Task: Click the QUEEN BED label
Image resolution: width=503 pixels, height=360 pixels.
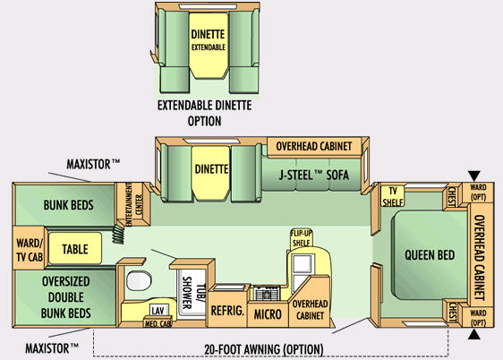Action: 430,255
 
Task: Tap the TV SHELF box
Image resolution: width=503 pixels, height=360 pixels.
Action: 393,196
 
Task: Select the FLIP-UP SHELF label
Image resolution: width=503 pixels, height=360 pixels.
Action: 301,237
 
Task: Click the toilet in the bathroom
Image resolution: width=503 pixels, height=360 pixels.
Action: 139,280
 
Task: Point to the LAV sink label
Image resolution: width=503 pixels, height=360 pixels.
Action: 158,310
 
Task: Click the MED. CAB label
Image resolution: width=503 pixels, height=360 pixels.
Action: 158,323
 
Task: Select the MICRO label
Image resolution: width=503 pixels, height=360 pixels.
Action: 268,314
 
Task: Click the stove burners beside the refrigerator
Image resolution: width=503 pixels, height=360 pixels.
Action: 267,293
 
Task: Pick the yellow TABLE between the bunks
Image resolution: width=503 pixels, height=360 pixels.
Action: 75,249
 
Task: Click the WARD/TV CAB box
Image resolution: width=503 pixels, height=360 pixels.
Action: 29,248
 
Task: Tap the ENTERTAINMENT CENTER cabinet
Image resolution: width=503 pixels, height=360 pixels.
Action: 132,204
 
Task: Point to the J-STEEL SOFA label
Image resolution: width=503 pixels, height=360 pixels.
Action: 313,175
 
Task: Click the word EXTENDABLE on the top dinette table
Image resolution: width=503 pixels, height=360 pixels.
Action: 209,47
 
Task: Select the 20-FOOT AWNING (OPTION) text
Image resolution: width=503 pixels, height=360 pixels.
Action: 264,349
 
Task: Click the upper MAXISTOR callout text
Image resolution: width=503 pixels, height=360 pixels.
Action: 93,164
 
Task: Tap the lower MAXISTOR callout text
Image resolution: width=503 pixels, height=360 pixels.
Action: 52,348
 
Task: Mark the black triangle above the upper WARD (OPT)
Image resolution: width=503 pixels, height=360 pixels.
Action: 474,176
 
